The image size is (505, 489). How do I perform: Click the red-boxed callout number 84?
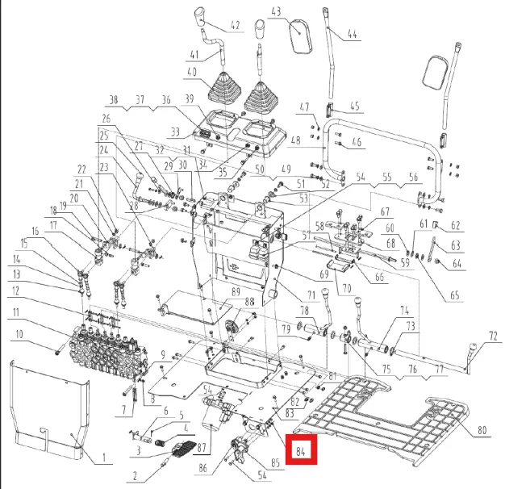point(300,452)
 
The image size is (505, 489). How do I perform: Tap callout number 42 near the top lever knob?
point(236,25)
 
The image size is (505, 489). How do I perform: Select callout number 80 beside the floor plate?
point(482,430)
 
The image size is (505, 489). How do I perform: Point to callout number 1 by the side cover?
point(104,458)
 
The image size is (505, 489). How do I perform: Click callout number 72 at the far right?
point(493,336)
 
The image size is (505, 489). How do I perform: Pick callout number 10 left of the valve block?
point(19,334)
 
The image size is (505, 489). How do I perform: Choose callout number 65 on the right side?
point(454,295)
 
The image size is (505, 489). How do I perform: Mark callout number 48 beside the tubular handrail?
point(295,140)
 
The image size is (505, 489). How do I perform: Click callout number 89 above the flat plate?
point(236,292)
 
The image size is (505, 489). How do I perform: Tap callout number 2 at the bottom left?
point(135,476)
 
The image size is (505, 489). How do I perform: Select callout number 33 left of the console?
point(175,132)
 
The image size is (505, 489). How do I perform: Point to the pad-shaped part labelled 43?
point(302,36)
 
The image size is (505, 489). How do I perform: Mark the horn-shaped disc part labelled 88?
point(232,328)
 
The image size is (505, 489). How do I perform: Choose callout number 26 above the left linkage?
point(106,119)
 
